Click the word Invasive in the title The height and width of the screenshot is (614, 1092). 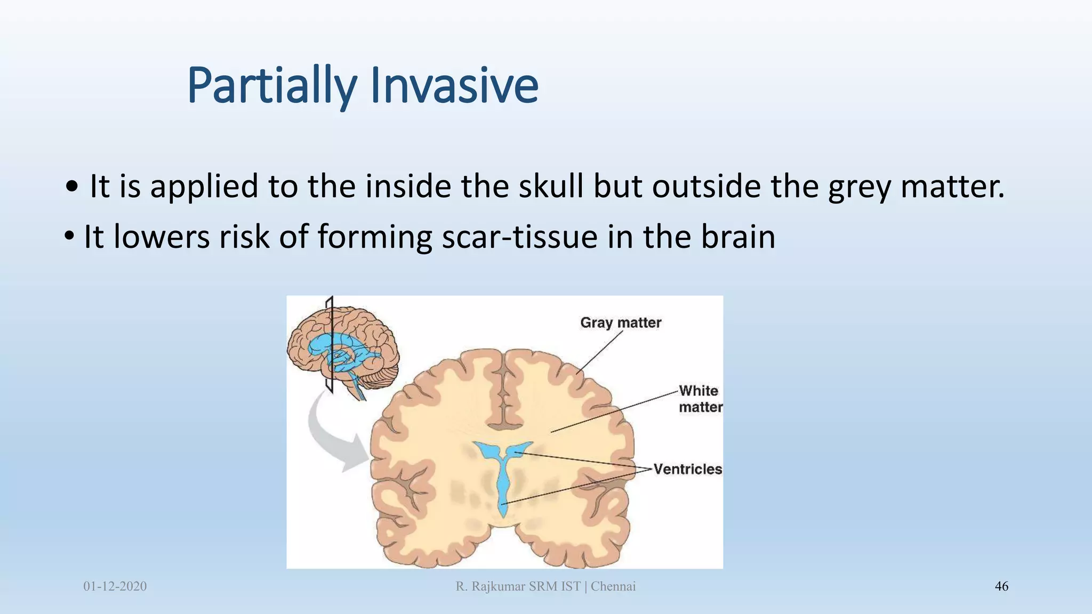[x=453, y=85]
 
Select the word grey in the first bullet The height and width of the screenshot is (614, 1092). [x=859, y=188]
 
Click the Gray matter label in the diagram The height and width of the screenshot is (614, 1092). [x=621, y=323]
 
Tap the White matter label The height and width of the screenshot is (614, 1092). [x=700, y=399]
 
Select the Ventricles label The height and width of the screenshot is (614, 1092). [x=687, y=469]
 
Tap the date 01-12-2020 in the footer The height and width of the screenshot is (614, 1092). [x=115, y=586]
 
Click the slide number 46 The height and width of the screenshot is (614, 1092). [x=1001, y=586]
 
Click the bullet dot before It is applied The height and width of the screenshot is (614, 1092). [x=72, y=188]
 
